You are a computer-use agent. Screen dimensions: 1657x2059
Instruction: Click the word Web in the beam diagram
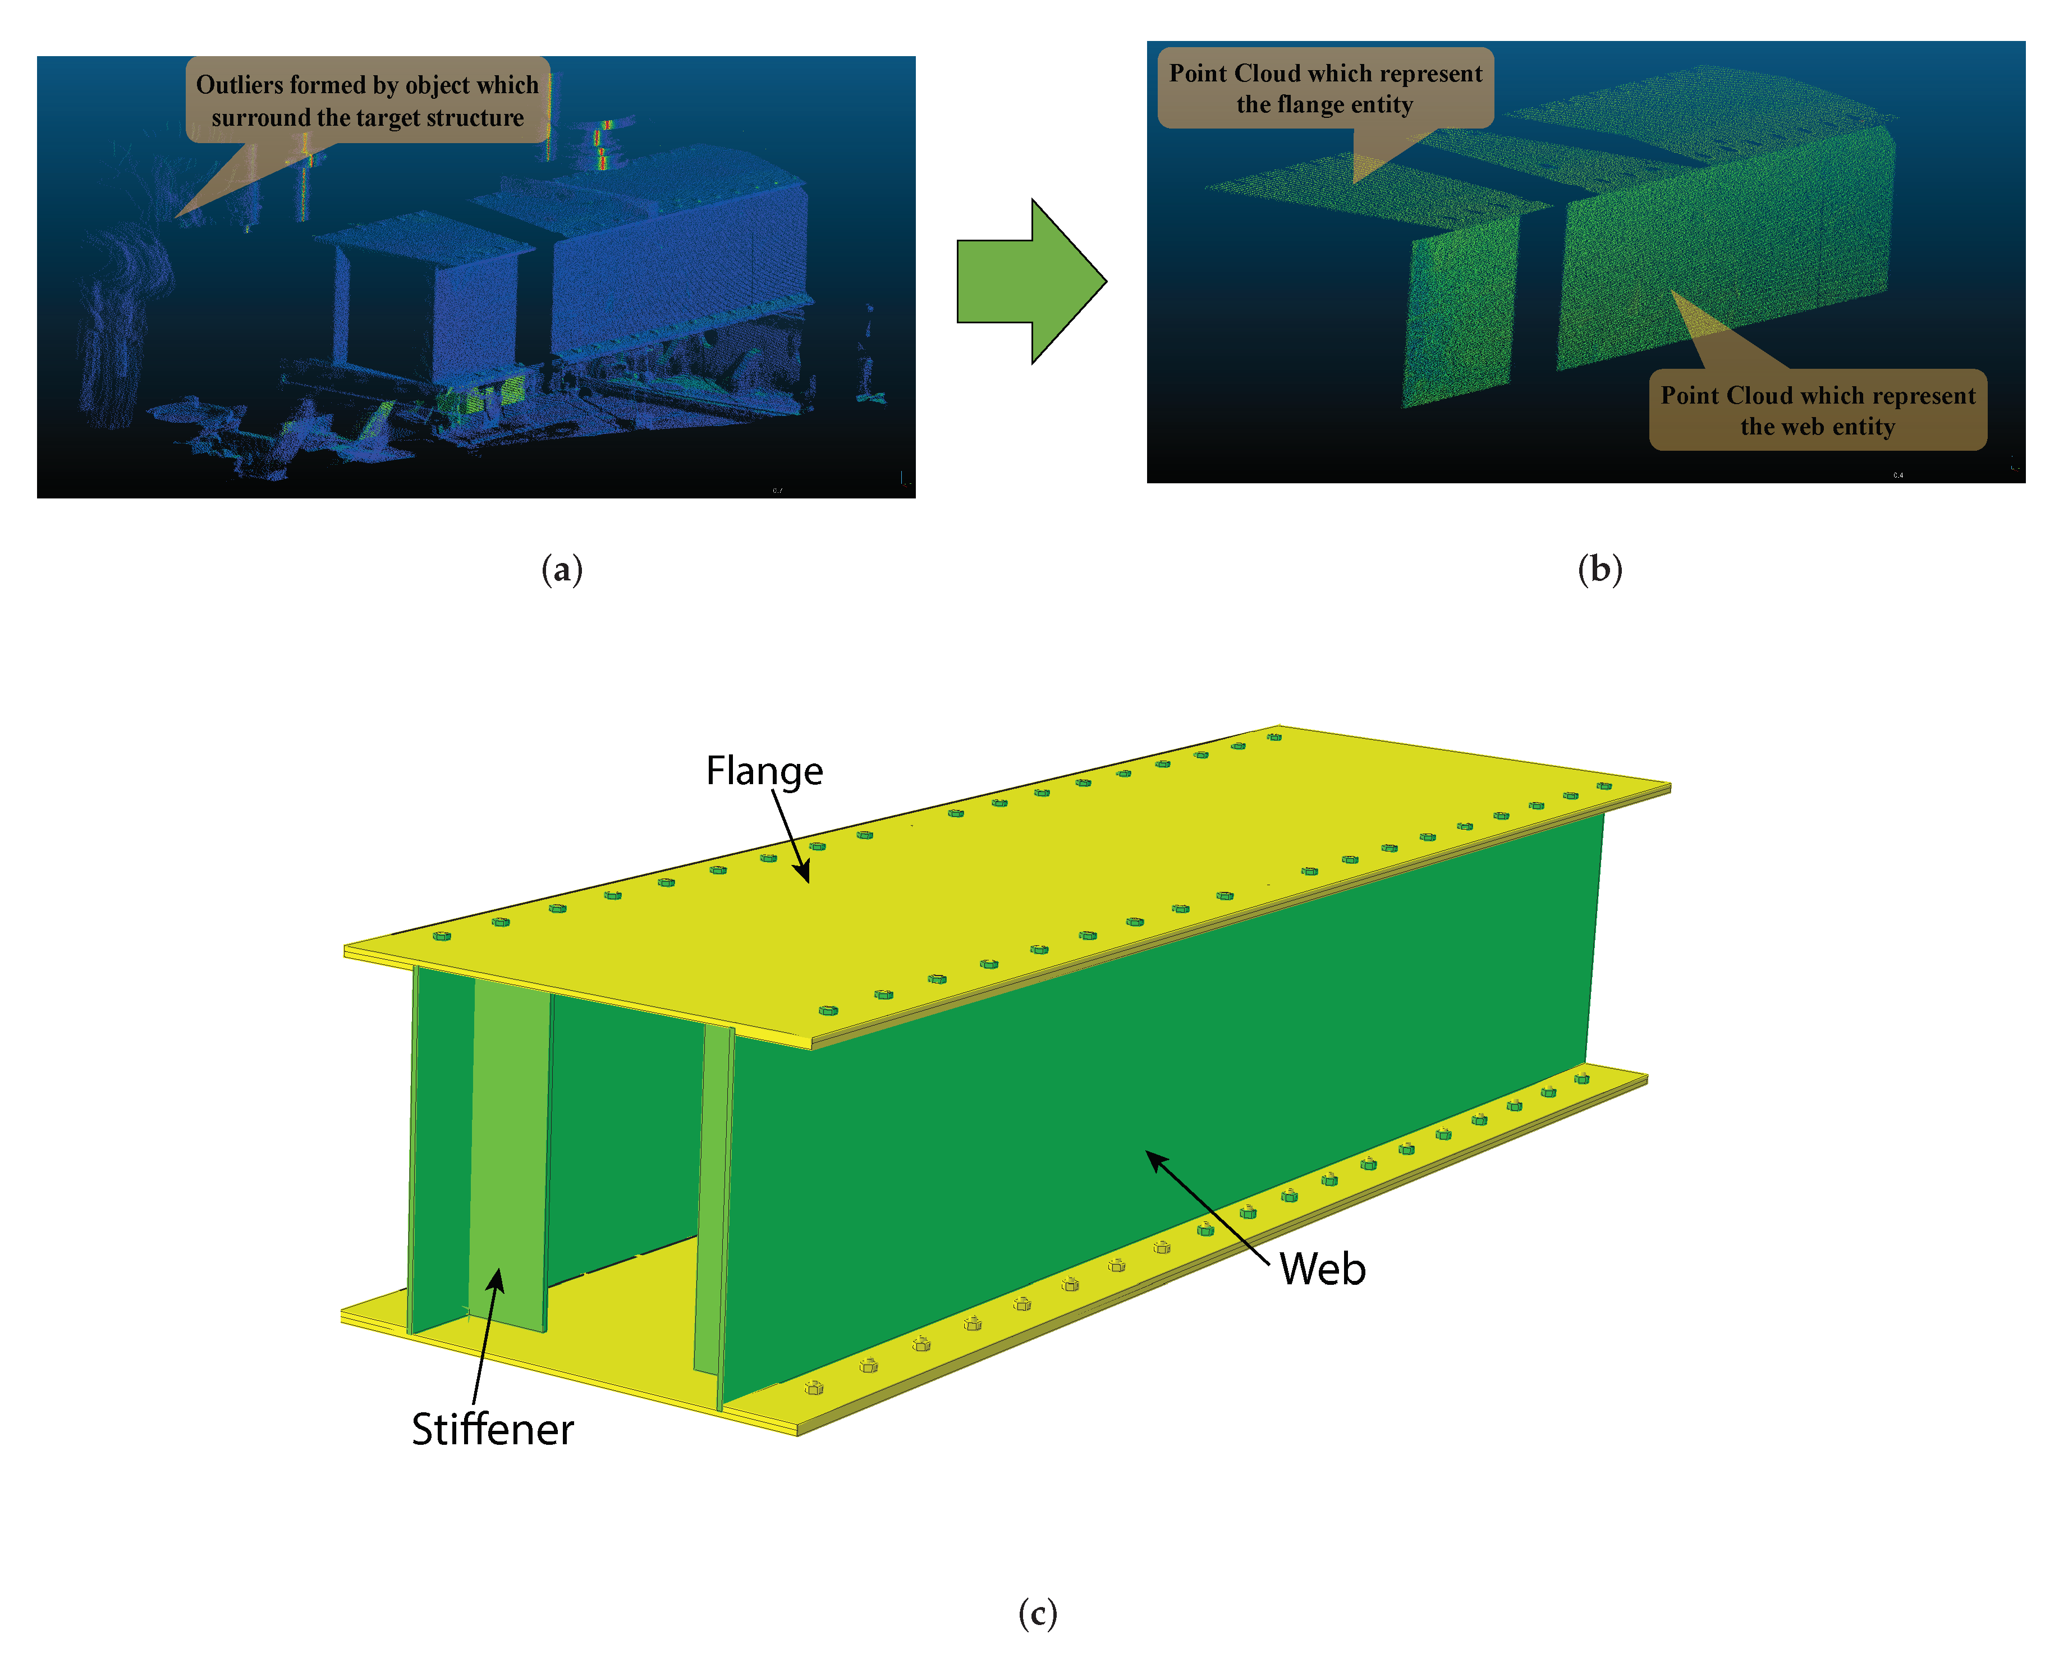pos(1323,1269)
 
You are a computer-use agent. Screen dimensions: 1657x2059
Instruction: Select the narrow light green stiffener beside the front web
pos(712,1194)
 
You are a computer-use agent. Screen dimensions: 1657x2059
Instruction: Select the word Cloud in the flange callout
pos(1267,74)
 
